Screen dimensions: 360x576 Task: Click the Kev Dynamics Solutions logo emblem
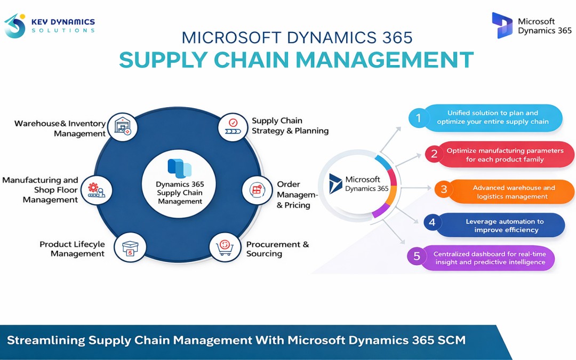click(15, 26)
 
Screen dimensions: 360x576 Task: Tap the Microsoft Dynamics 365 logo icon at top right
click(502, 25)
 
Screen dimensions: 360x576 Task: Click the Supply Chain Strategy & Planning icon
click(233, 126)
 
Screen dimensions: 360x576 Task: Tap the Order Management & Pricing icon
click(257, 189)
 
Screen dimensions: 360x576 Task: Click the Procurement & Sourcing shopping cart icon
click(224, 247)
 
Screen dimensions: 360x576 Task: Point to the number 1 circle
click(419, 118)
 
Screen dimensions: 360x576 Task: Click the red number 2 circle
click(434, 155)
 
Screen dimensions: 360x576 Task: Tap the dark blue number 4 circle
click(433, 222)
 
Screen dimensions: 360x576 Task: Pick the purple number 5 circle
click(417, 256)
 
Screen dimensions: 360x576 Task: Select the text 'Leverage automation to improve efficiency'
click(504, 226)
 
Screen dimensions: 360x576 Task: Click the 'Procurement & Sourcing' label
click(277, 249)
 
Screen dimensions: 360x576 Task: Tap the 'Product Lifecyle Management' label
click(72, 249)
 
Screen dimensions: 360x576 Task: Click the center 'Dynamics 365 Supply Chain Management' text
click(180, 193)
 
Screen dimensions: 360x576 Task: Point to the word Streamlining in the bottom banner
click(46, 340)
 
